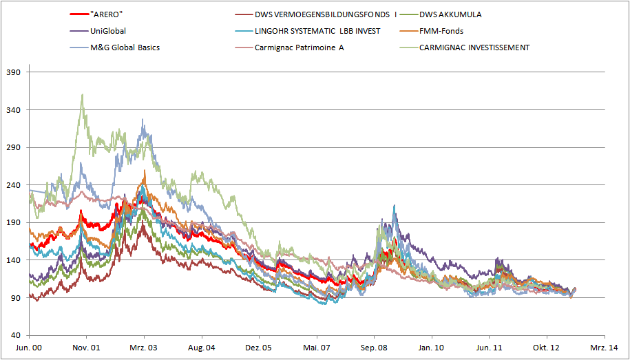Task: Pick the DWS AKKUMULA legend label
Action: (x=454, y=14)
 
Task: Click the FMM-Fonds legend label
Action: (x=441, y=31)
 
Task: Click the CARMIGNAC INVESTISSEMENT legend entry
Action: (x=474, y=47)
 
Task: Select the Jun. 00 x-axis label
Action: (x=29, y=348)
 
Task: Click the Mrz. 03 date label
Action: (x=144, y=348)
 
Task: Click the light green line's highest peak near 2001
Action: (x=83, y=94)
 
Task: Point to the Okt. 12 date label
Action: (x=547, y=348)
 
